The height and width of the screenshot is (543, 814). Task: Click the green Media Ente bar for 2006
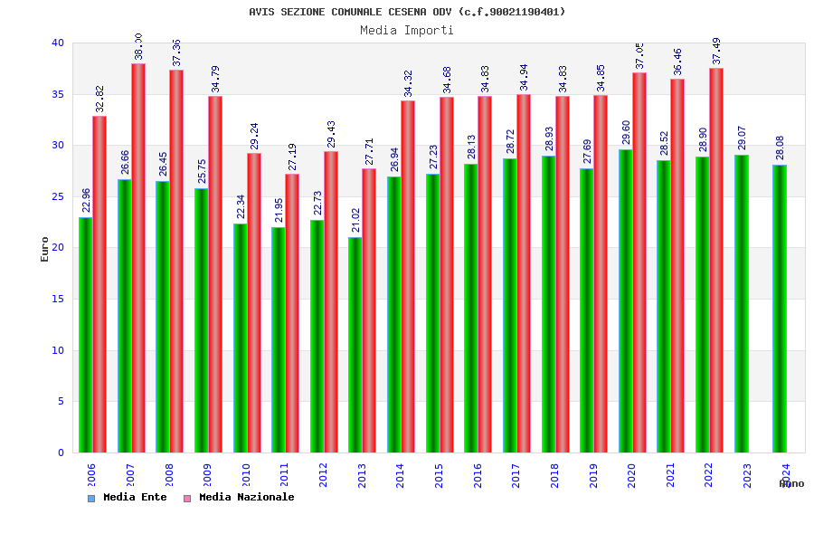click(85, 335)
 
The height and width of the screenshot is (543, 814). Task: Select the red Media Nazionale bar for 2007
click(138, 258)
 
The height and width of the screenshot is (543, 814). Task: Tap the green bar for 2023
click(742, 303)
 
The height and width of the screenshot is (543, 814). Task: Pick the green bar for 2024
click(780, 309)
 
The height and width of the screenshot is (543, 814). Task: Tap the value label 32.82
click(100, 100)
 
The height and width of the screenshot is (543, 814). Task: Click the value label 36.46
click(678, 62)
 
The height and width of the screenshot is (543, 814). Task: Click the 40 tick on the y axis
click(58, 43)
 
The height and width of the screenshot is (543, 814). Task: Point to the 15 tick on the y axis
click(58, 299)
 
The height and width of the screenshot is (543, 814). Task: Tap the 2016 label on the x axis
click(478, 475)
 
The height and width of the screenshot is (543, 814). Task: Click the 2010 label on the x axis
click(246, 475)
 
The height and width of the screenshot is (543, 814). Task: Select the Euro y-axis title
click(45, 249)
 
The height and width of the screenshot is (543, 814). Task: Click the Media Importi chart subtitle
click(407, 30)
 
